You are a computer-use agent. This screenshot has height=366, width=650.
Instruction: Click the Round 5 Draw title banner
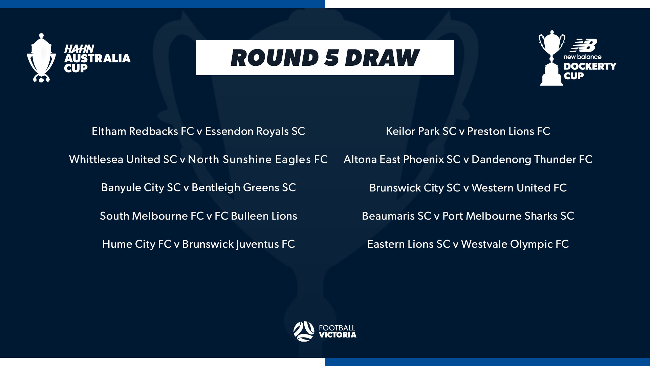pyautogui.click(x=325, y=58)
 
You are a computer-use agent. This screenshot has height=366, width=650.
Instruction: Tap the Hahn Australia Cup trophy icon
pyautogui.click(x=41, y=58)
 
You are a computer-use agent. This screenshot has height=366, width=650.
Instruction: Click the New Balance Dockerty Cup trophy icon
pyautogui.click(x=551, y=58)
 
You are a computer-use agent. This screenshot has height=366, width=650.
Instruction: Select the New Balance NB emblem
pyautogui.click(x=583, y=45)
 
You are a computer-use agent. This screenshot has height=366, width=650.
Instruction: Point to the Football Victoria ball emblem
pyautogui.click(x=304, y=331)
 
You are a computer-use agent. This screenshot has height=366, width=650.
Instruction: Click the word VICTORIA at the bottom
pyautogui.click(x=338, y=335)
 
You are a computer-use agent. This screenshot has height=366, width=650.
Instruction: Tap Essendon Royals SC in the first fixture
pyautogui.click(x=255, y=131)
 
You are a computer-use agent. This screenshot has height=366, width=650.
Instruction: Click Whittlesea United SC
pyautogui.click(x=123, y=160)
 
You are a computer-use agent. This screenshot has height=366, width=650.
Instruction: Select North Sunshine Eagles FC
pyautogui.click(x=258, y=160)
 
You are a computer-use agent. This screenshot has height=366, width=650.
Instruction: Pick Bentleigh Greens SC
pyautogui.click(x=244, y=188)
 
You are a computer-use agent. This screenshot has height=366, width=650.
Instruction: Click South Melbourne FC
pyautogui.click(x=152, y=216)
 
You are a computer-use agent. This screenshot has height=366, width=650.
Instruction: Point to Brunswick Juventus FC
pyautogui.click(x=238, y=244)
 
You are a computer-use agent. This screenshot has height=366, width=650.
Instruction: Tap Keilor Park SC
pyautogui.click(x=421, y=131)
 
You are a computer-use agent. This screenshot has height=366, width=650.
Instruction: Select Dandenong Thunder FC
pyautogui.click(x=532, y=160)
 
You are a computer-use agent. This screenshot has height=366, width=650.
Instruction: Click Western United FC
pyautogui.click(x=519, y=188)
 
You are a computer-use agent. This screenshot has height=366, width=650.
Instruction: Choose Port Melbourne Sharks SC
pyautogui.click(x=508, y=216)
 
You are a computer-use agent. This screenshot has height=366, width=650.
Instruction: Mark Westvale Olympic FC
pyautogui.click(x=515, y=244)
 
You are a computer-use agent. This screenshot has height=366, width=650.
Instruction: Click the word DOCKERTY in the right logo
pyautogui.click(x=590, y=66)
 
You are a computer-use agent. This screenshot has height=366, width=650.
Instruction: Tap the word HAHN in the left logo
pyautogui.click(x=79, y=49)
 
